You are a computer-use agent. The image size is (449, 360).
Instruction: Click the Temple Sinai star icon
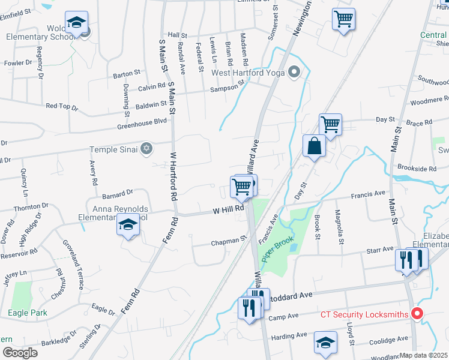[146, 149]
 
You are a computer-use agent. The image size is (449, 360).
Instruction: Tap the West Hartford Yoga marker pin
[294, 73]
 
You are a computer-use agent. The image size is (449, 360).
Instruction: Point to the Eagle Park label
[28, 313]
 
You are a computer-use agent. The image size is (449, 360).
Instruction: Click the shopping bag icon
[315, 146]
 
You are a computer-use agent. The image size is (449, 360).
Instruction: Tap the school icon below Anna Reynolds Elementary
[128, 226]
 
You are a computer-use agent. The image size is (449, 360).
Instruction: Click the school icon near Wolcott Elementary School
[76, 22]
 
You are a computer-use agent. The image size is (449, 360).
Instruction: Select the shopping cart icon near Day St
[330, 125]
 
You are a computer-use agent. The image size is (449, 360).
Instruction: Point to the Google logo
[20, 353]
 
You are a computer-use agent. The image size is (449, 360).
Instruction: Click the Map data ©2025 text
[423, 355]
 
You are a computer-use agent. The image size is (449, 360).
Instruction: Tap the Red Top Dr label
[62, 107]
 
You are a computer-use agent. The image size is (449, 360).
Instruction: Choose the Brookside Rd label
[417, 169]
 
